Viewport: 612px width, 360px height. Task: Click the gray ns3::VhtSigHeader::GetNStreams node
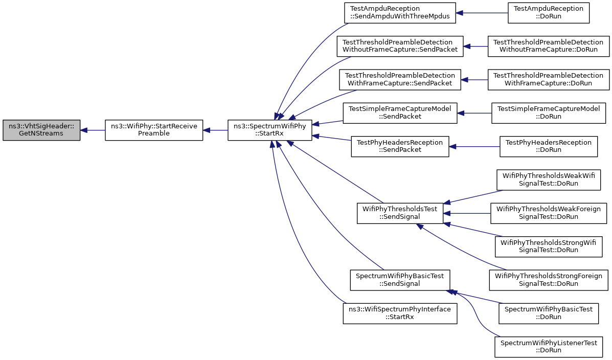point(41,130)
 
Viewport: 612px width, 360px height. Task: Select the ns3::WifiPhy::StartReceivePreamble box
point(154,130)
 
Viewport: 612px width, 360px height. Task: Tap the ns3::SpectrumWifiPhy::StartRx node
point(270,130)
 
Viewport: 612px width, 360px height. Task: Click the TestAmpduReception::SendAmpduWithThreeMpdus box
point(400,13)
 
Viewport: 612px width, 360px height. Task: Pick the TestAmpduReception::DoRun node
point(549,13)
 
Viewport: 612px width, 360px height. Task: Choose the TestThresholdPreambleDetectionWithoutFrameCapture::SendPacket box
point(400,47)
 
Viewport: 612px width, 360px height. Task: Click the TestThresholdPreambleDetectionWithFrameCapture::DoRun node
point(549,80)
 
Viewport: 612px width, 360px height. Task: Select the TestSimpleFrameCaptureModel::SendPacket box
point(400,113)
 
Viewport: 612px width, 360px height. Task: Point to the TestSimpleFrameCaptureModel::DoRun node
point(549,113)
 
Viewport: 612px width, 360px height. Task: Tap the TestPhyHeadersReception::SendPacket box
point(400,146)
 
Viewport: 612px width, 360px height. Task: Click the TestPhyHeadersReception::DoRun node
point(549,146)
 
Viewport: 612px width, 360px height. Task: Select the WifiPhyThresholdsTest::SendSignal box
point(400,213)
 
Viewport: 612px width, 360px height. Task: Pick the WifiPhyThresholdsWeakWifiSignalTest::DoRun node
point(549,180)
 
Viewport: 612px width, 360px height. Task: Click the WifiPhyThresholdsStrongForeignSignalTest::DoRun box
point(549,280)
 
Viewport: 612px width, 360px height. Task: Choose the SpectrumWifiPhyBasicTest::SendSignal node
point(400,280)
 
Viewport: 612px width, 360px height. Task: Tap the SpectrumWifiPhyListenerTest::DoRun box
point(549,347)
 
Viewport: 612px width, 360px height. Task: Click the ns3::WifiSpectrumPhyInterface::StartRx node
point(400,313)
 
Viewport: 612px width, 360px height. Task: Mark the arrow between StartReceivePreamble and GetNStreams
point(93,130)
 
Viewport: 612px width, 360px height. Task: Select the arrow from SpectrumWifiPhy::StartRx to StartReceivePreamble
point(215,130)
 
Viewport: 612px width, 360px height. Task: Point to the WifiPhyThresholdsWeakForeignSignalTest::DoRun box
point(549,213)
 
